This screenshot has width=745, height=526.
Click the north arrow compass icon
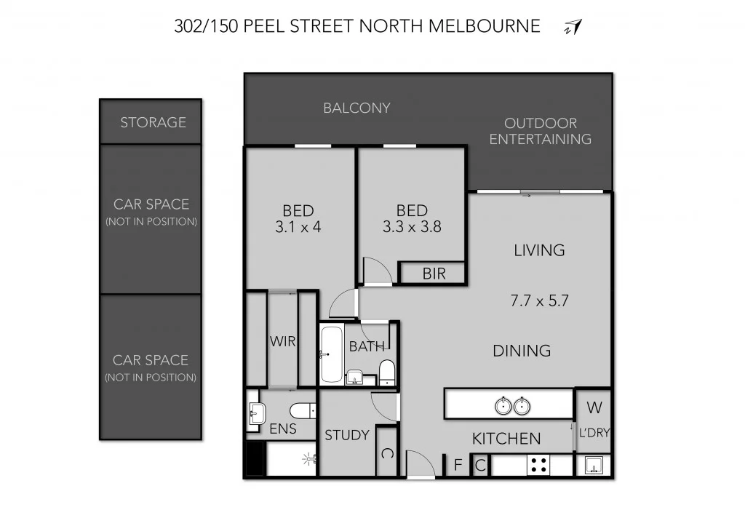pos(573,28)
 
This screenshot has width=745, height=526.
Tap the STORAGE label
pos(153,122)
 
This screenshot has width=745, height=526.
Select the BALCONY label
pos(356,108)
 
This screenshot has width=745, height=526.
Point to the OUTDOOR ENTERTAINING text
pos(540,132)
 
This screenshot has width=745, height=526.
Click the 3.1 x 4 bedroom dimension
pos(298,227)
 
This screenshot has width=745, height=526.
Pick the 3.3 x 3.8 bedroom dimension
pos(412,227)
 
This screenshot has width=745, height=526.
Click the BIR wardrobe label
pos(433,274)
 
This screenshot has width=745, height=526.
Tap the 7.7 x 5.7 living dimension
pos(539,300)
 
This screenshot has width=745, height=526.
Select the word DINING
pos(522,351)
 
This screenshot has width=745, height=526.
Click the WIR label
pos(282,340)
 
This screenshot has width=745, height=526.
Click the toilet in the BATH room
pos(386,372)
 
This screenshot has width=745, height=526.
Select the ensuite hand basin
pos(255,413)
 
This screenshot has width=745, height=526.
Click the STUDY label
pos(346,435)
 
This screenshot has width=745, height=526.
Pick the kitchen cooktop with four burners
pos(538,465)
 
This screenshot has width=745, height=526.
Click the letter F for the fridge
pos(458,465)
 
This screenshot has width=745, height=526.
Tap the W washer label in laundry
pos(593,406)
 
